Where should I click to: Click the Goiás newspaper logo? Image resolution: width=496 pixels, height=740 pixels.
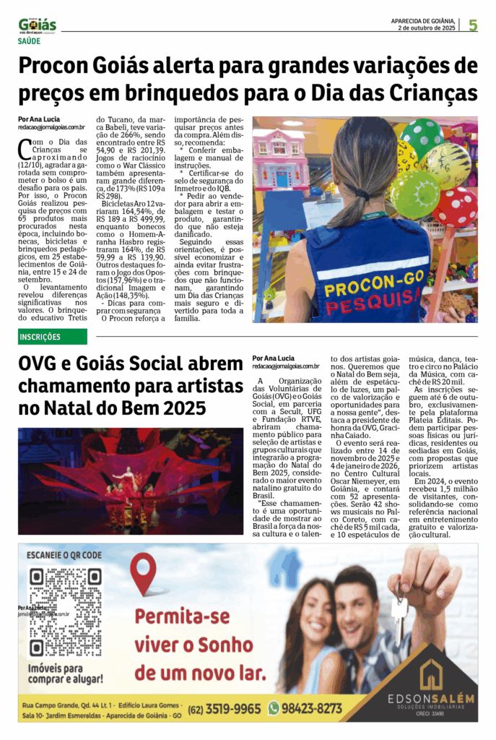[x=37, y=26]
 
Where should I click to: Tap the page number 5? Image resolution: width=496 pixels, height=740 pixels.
[x=473, y=25]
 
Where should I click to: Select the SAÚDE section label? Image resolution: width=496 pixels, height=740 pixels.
[x=30, y=43]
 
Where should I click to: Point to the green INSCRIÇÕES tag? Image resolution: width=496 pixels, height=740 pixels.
[x=52, y=337]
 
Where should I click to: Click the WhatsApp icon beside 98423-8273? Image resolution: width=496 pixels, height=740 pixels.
[x=274, y=708]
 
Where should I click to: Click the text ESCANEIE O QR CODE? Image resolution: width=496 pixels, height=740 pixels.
[x=64, y=556]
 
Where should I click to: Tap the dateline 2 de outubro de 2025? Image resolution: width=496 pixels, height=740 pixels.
[x=426, y=28]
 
